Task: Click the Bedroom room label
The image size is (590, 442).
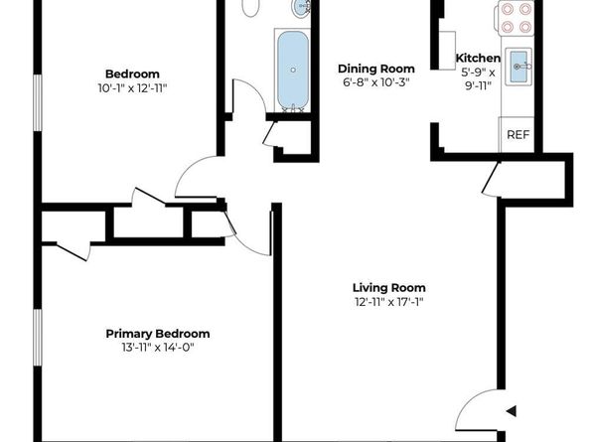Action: coord(132,74)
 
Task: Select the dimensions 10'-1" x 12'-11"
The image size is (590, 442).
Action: coord(132,87)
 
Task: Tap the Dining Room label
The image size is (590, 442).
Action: coord(374,68)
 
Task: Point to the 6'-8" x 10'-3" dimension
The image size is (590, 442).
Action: coord(374,81)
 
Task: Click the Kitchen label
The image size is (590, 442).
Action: coord(478,59)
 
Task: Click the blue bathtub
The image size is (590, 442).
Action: coord(292,70)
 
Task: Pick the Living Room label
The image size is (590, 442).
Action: coord(388,288)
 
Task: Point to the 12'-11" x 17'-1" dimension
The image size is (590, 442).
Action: coord(388,302)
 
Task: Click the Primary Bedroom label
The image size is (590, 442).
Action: coord(158,334)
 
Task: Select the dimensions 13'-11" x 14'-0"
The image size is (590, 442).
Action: coord(158,348)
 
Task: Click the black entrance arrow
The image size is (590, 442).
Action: coord(511,409)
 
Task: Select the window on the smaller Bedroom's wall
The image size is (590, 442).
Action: coord(37,102)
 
